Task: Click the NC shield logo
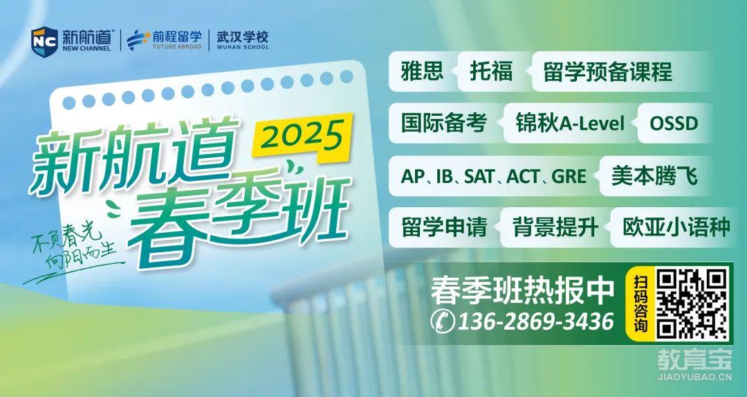[44, 42]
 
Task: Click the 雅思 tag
[423, 71]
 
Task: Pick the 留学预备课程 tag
[608, 71]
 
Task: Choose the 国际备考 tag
[443, 123]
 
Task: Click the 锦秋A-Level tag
[570, 123]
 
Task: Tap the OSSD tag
[674, 123]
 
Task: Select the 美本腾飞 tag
[654, 176]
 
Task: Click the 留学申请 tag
[444, 227]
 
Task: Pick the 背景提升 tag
[555, 227]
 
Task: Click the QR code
[692, 303]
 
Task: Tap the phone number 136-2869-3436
[535, 321]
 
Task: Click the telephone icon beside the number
[443, 321]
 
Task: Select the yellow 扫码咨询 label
[640, 303]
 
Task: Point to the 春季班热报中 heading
[522, 290]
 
